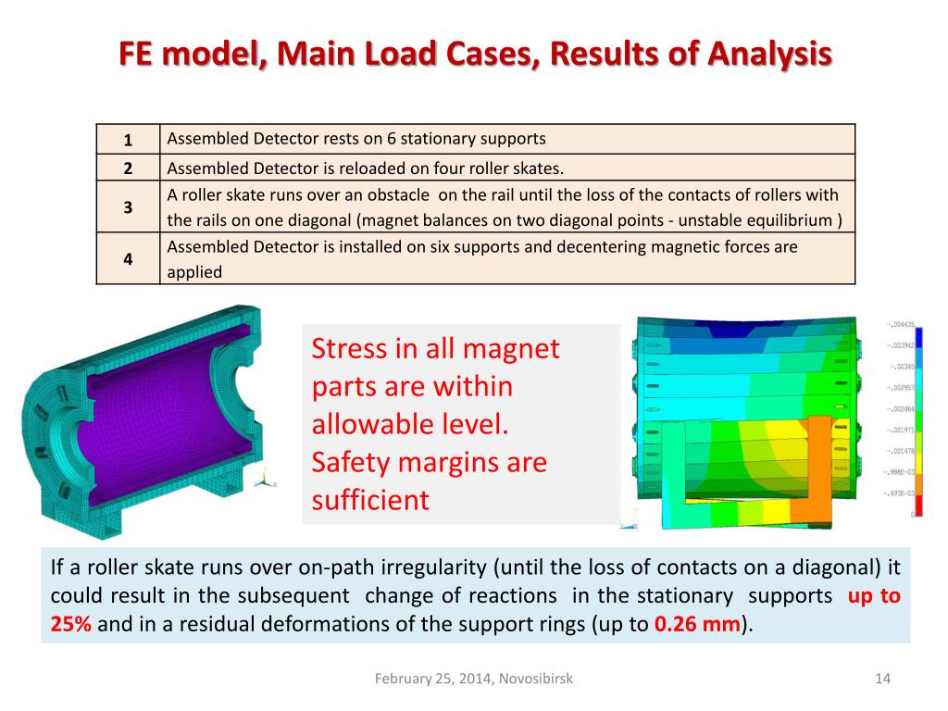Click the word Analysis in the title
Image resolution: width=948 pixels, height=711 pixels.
click(769, 54)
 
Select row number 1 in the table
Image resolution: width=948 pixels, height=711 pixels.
click(128, 140)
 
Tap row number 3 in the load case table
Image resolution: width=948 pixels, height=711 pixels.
click(128, 207)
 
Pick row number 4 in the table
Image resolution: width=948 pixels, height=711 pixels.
click(128, 259)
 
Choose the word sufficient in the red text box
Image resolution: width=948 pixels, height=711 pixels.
click(370, 500)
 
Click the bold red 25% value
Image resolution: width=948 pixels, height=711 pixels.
click(70, 623)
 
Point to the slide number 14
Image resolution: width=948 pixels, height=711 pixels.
click(882, 679)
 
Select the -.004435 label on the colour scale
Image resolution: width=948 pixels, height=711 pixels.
click(898, 324)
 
